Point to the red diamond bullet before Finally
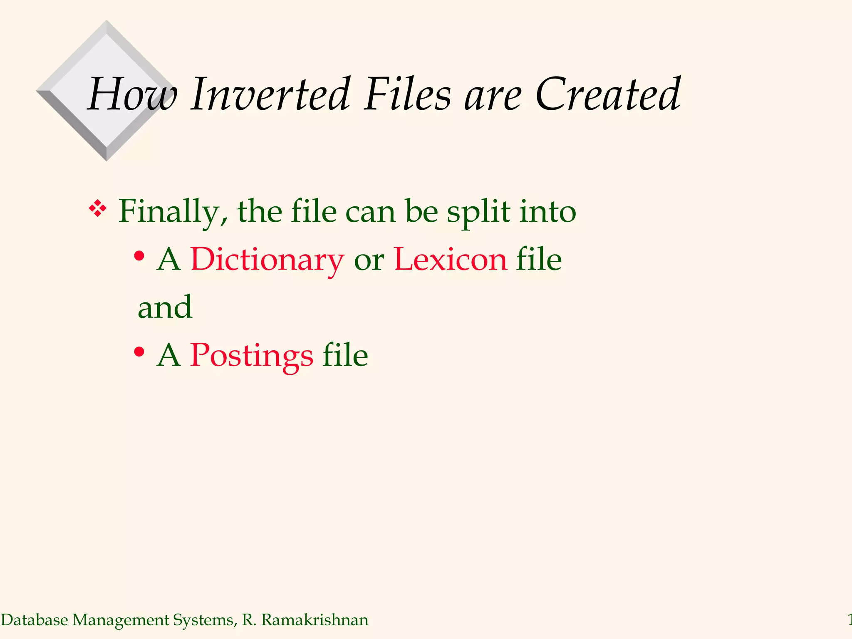click(x=98, y=208)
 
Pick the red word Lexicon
click(x=451, y=260)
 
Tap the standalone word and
click(x=165, y=307)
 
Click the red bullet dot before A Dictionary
click(x=139, y=256)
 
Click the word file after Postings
click(x=345, y=355)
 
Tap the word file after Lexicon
click(x=539, y=260)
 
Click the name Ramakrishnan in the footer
click(x=315, y=620)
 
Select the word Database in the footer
click(x=35, y=620)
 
